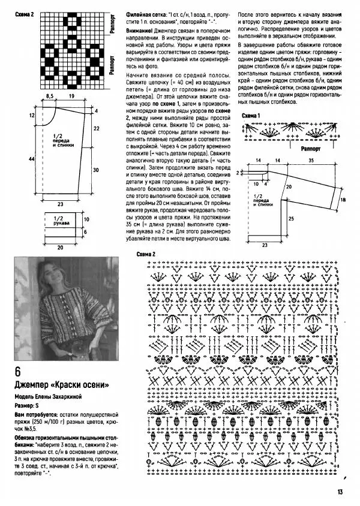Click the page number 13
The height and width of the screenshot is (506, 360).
tap(340, 492)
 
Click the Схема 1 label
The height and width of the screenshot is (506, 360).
tap(251, 115)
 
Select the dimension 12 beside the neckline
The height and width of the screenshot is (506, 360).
tap(30, 114)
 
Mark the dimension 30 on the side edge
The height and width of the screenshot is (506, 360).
tap(95, 170)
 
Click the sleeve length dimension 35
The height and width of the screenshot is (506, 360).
tap(312, 161)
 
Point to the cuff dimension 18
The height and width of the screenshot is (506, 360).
tap(343, 200)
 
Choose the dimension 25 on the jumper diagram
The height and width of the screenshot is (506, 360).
tap(290, 219)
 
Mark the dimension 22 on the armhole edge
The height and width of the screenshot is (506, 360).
tap(95, 128)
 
